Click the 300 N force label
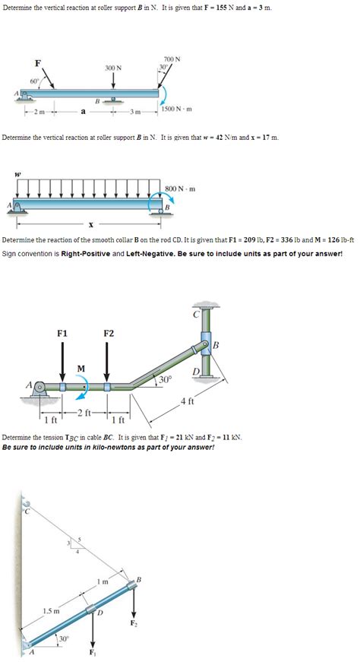click(114, 68)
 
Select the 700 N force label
click(172, 59)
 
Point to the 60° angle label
click(34, 81)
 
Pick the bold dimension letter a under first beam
click(83, 115)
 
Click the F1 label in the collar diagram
click(63, 332)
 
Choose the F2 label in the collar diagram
click(109, 332)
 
